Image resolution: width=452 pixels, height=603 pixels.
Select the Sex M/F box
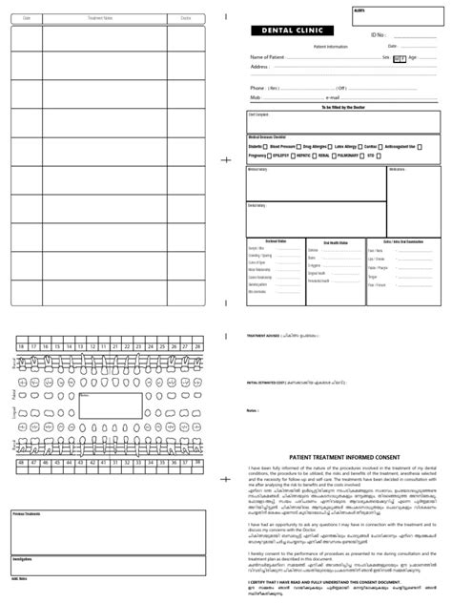pos(399,58)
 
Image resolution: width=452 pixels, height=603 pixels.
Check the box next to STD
pos(380,155)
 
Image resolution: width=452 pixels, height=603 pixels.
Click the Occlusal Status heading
pos(275,241)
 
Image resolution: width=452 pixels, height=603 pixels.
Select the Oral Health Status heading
pos(335,242)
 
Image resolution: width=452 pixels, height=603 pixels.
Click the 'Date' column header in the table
pos(26,18)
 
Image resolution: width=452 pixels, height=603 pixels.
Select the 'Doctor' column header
pos(185,18)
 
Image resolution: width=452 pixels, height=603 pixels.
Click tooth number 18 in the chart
pos(20,346)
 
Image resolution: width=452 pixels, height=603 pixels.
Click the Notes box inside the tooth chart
pos(110,405)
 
